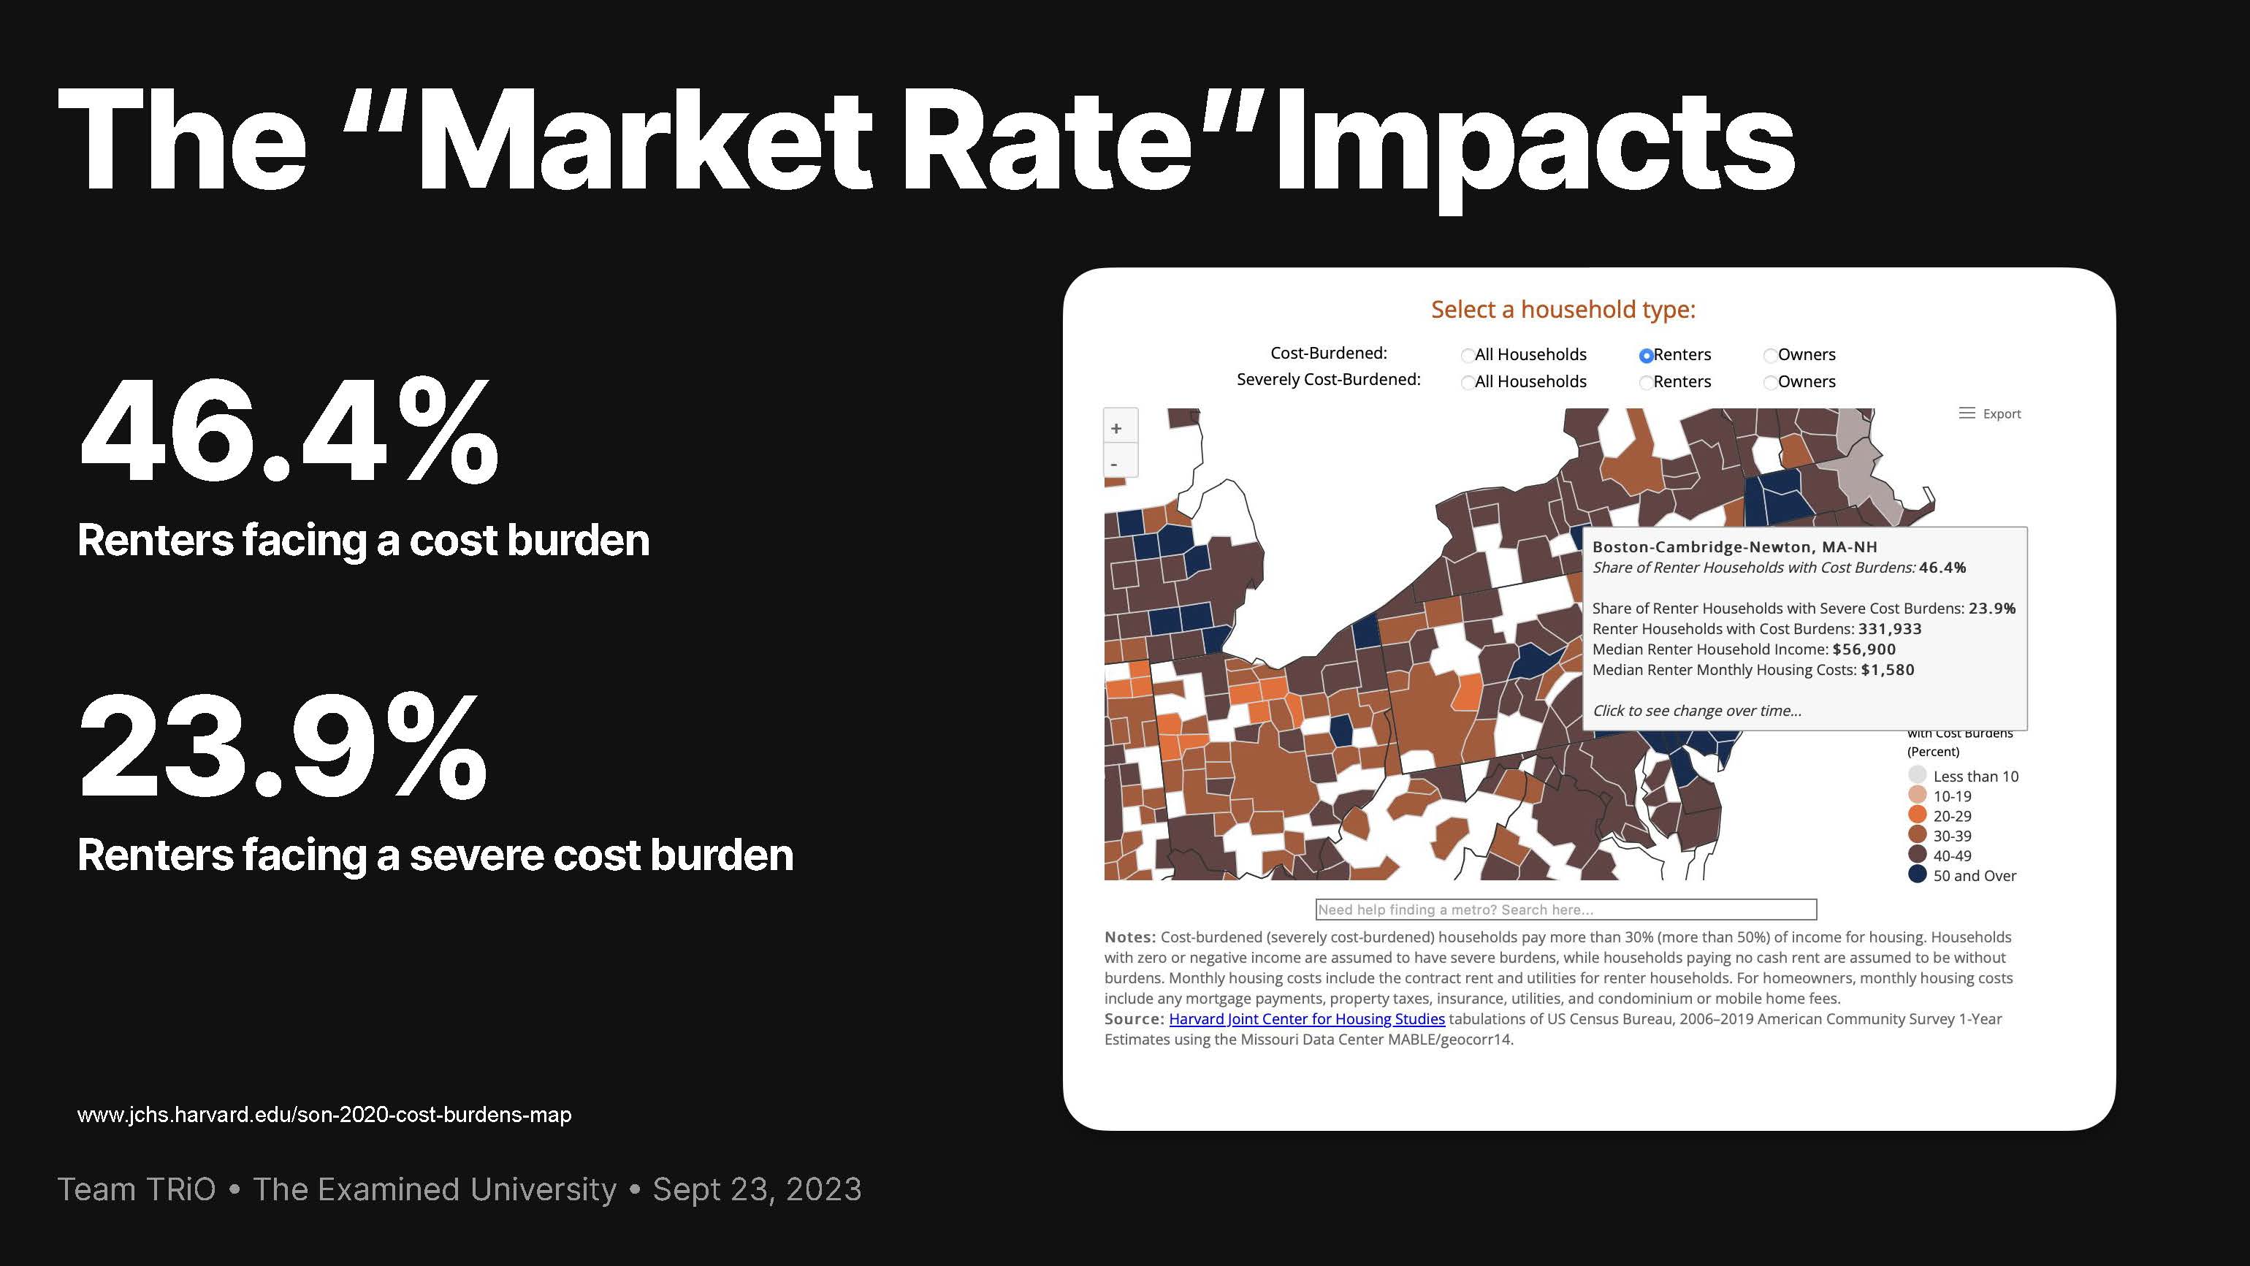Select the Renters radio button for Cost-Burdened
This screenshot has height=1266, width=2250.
(x=1646, y=356)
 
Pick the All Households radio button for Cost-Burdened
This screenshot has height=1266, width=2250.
(x=1468, y=356)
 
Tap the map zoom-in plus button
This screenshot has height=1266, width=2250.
(x=1116, y=428)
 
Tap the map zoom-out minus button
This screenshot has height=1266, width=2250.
(x=1115, y=463)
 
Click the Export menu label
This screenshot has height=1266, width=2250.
(x=2001, y=413)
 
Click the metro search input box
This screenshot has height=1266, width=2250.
(x=1566, y=910)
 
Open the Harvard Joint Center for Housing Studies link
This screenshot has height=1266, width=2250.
(x=1307, y=1019)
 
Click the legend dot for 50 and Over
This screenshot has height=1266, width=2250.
(x=1917, y=874)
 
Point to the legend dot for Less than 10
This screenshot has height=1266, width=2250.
(x=1917, y=775)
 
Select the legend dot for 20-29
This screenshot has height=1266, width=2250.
(x=1917, y=815)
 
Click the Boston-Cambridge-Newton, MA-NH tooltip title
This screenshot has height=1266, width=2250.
(x=1735, y=547)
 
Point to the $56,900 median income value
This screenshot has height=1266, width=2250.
(x=1864, y=649)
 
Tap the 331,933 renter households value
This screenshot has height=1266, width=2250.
(x=1890, y=629)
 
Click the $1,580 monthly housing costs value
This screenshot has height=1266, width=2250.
(x=1888, y=670)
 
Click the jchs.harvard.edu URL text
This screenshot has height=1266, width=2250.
(x=324, y=1115)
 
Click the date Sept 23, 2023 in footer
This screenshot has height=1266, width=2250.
(x=758, y=1190)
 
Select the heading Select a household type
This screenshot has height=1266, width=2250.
(x=1563, y=309)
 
